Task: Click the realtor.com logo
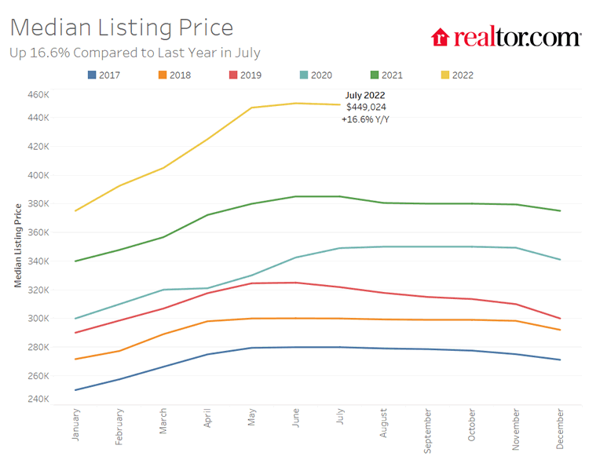pos(506,37)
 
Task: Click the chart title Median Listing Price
pos(122,27)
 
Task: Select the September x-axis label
pos(428,430)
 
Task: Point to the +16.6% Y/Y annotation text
pos(364,119)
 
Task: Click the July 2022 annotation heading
pos(365,95)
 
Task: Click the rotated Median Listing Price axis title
pos(18,243)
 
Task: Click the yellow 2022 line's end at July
pos(340,104)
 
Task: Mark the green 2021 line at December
pos(560,210)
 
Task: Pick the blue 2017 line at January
pos(76,389)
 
